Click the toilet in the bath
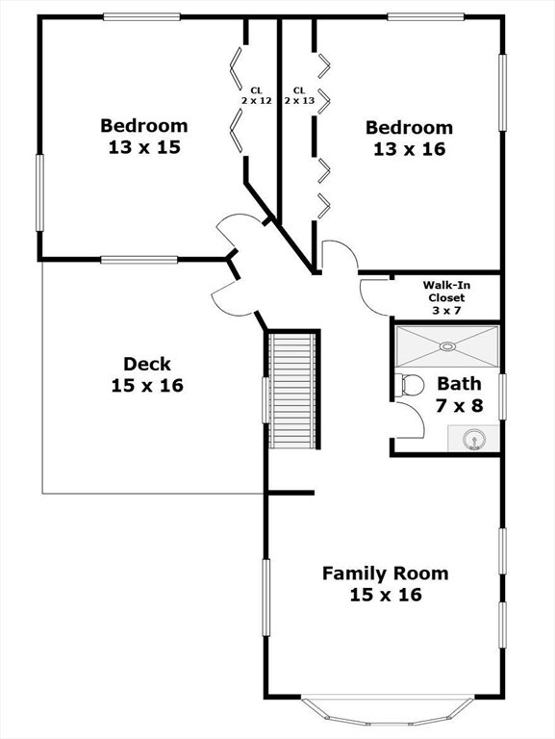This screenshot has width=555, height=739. click(x=409, y=385)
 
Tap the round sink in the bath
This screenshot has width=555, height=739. click(x=473, y=441)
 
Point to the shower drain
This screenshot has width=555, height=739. click(x=447, y=346)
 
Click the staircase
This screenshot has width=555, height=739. click(x=292, y=391)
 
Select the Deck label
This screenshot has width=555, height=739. click(x=147, y=364)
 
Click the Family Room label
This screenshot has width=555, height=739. click(x=386, y=573)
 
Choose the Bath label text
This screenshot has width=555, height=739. click(x=460, y=384)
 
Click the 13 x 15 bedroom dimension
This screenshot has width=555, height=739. click(x=144, y=147)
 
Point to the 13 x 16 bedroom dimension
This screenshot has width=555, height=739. click(x=410, y=149)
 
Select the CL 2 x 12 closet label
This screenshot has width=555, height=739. click(x=257, y=95)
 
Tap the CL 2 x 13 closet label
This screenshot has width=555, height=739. click(x=299, y=95)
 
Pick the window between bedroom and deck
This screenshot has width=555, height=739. click(x=139, y=260)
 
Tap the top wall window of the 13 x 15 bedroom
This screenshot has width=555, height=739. click(x=141, y=17)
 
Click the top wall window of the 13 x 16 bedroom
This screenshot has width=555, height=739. click(x=426, y=17)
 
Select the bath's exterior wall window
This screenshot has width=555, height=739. click(x=503, y=396)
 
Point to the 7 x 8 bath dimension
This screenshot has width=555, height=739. click(x=460, y=405)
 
